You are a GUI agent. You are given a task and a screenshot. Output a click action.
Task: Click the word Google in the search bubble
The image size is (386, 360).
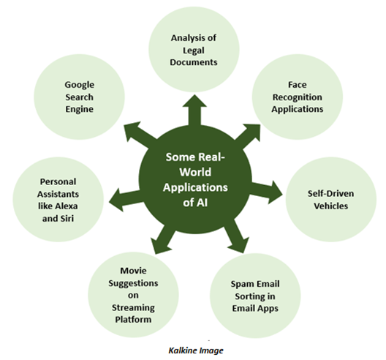point(79,86)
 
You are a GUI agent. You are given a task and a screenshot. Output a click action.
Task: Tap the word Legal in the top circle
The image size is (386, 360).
point(194,50)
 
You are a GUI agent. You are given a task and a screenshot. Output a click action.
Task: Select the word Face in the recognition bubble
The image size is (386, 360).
point(298,85)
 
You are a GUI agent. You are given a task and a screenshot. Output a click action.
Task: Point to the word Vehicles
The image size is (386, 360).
point(331,206)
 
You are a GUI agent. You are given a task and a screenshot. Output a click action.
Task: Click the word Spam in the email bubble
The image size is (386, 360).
point(241,285)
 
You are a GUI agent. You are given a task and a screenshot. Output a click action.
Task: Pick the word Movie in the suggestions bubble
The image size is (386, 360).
point(133,271)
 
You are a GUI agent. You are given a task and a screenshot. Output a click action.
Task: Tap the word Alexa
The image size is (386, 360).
point(67,206)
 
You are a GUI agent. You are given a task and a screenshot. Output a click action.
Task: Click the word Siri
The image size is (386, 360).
point(67,218)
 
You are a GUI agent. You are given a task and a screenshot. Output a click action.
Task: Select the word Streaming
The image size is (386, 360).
point(133,308)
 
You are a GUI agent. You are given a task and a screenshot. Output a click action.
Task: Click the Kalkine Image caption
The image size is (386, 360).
point(196,350)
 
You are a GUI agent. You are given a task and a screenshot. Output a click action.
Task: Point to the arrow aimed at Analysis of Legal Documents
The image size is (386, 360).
point(194,110)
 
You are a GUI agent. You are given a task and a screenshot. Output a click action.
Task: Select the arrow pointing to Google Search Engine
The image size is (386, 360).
point(141,135)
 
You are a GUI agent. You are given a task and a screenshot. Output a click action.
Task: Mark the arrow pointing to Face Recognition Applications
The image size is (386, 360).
point(248,137)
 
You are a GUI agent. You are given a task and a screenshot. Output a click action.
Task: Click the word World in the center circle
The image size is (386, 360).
point(195,173)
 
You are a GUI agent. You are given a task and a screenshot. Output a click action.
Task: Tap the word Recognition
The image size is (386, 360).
point(298,97)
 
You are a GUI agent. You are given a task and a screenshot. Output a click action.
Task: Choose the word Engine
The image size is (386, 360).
point(79,110)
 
